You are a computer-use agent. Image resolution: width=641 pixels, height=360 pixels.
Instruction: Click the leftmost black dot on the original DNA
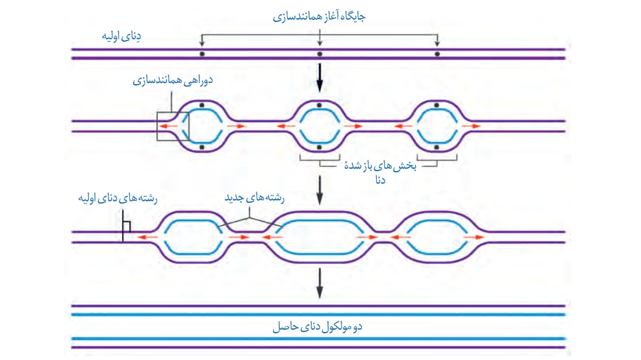pyautogui.click(x=202, y=54)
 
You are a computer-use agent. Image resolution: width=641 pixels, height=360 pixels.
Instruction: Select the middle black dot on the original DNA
pyautogui.click(x=320, y=54)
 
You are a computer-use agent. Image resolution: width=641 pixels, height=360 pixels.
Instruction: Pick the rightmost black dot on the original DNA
pyautogui.click(x=437, y=54)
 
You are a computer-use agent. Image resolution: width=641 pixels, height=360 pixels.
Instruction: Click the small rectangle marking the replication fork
pyautogui.click(x=173, y=126)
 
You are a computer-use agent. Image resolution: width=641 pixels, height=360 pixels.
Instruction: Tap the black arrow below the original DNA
pyautogui.click(x=320, y=79)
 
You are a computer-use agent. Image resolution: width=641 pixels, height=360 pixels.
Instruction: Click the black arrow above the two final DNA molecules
pyautogui.click(x=320, y=283)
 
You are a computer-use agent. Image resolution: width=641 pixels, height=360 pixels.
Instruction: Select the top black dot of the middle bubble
pyautogui.click(x=320, y=105)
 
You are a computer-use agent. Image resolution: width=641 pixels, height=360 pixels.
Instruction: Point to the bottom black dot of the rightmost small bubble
pyautogui.click(x=437, y=147)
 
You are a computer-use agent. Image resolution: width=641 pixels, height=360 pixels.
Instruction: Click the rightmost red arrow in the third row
pyautogui.click(x=474, y=237)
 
